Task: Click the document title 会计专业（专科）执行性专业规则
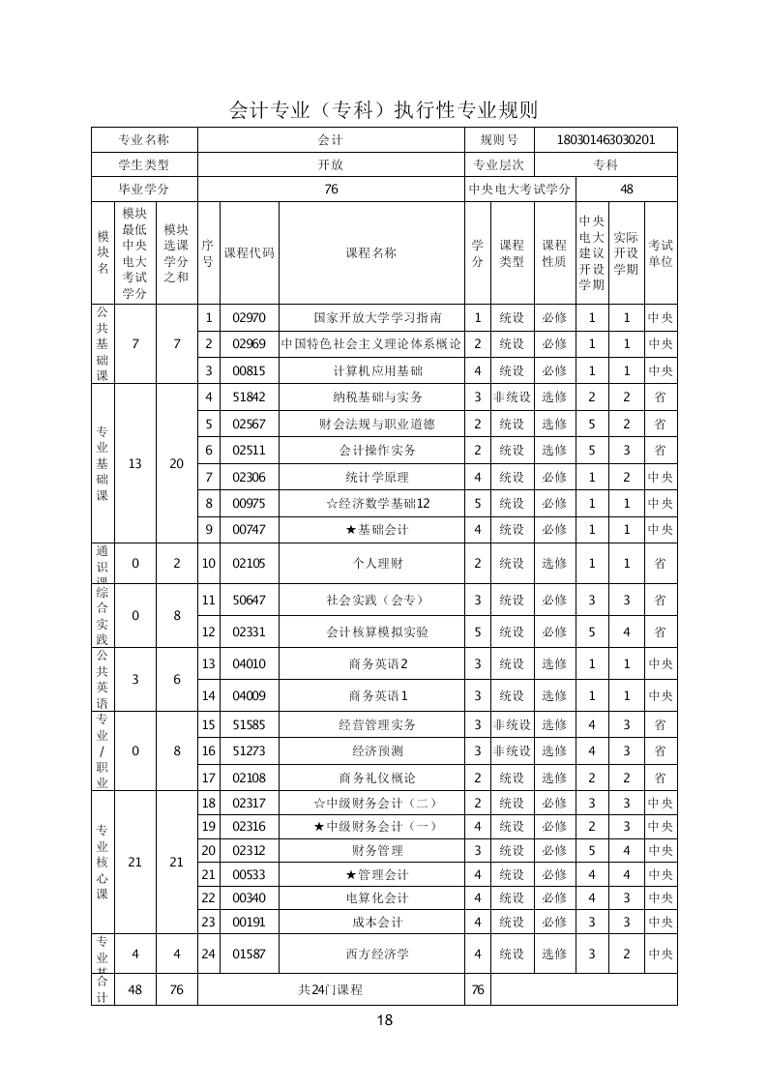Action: pos(383,108)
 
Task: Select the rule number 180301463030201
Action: pos(606,139)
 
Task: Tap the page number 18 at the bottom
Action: pos(384,1019)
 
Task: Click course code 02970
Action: pos(249,317)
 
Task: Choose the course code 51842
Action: pos(249,396)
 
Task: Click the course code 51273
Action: pos(249,750)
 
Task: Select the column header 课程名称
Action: pos(370,253)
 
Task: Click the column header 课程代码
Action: pos(249,253)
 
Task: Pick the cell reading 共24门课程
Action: pos(331,989)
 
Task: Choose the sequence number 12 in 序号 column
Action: pos(208,631)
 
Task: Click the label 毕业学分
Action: pos(143,190)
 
